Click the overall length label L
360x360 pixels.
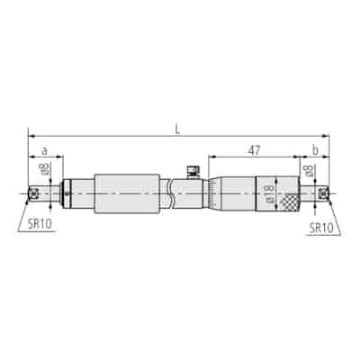coord(178,129)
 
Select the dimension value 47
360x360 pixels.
coord(254,150)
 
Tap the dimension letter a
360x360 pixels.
coord(44,151)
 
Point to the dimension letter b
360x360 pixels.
coord(315,150)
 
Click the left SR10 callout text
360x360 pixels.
coord(40,224)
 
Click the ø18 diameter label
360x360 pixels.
coord(269,193)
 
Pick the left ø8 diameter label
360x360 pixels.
coord(46,169)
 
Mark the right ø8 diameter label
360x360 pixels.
coord(309,170)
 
